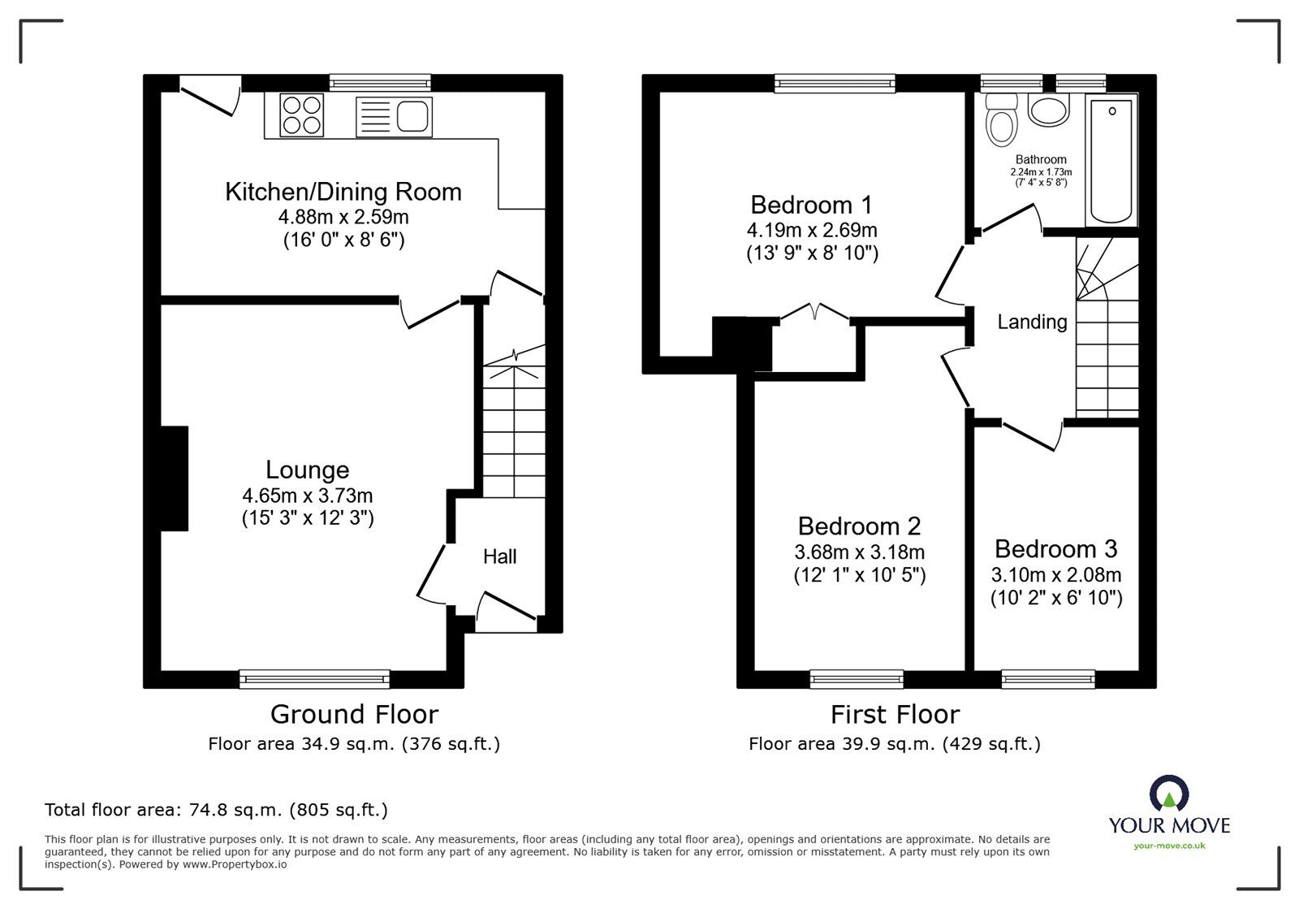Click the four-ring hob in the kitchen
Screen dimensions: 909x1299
click(x=302, y=115)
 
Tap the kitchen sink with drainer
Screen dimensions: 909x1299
click(x=394, y=116)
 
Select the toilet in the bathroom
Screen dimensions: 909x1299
click(x=1002, y=122)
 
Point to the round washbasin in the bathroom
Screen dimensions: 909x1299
click(x=1048, y=111)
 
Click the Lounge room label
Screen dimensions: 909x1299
click(x=308, y=470)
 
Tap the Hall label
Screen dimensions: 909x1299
click(x=499, y=556)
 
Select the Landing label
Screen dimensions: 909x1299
click(x=1032, y=322)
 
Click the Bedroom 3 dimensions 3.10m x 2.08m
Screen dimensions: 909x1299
click(x=1056, y=575)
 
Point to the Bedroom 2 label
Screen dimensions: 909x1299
click(x=859, y=526)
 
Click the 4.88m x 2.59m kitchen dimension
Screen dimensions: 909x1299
click(x=343, y=217)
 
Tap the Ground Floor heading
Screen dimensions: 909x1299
click(x=354, y=714)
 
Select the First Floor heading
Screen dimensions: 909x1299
click(x=895, y=714)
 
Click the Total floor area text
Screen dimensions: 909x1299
click(x=216, y=810)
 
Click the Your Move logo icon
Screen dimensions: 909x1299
click(x=1169, y=793)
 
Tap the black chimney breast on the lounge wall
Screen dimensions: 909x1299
click(x=175, y=478)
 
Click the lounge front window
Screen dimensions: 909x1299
click(x=314, y=678)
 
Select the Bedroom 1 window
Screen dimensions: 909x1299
click(x=835, y=82)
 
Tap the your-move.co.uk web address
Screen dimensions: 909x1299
click(x=1169, y=846)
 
